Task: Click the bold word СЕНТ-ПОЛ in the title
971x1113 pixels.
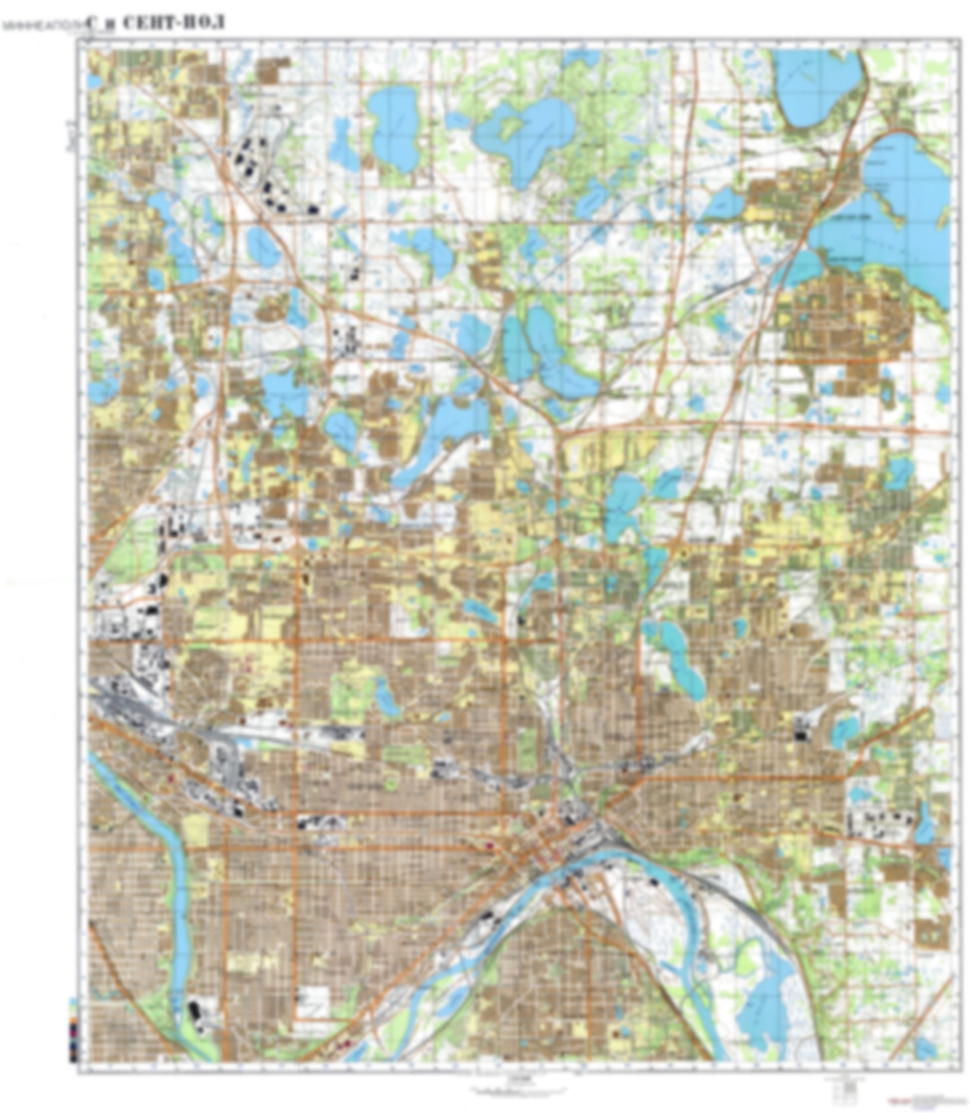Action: click(x=174, y=23)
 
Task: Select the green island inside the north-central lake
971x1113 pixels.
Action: click(x=509, y=127)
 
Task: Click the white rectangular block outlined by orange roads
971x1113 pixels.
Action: click(x=314, y=1001)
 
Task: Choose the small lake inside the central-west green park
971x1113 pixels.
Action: click(x=386, y=698)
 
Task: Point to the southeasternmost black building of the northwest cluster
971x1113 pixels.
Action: click(x=313, y=209)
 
